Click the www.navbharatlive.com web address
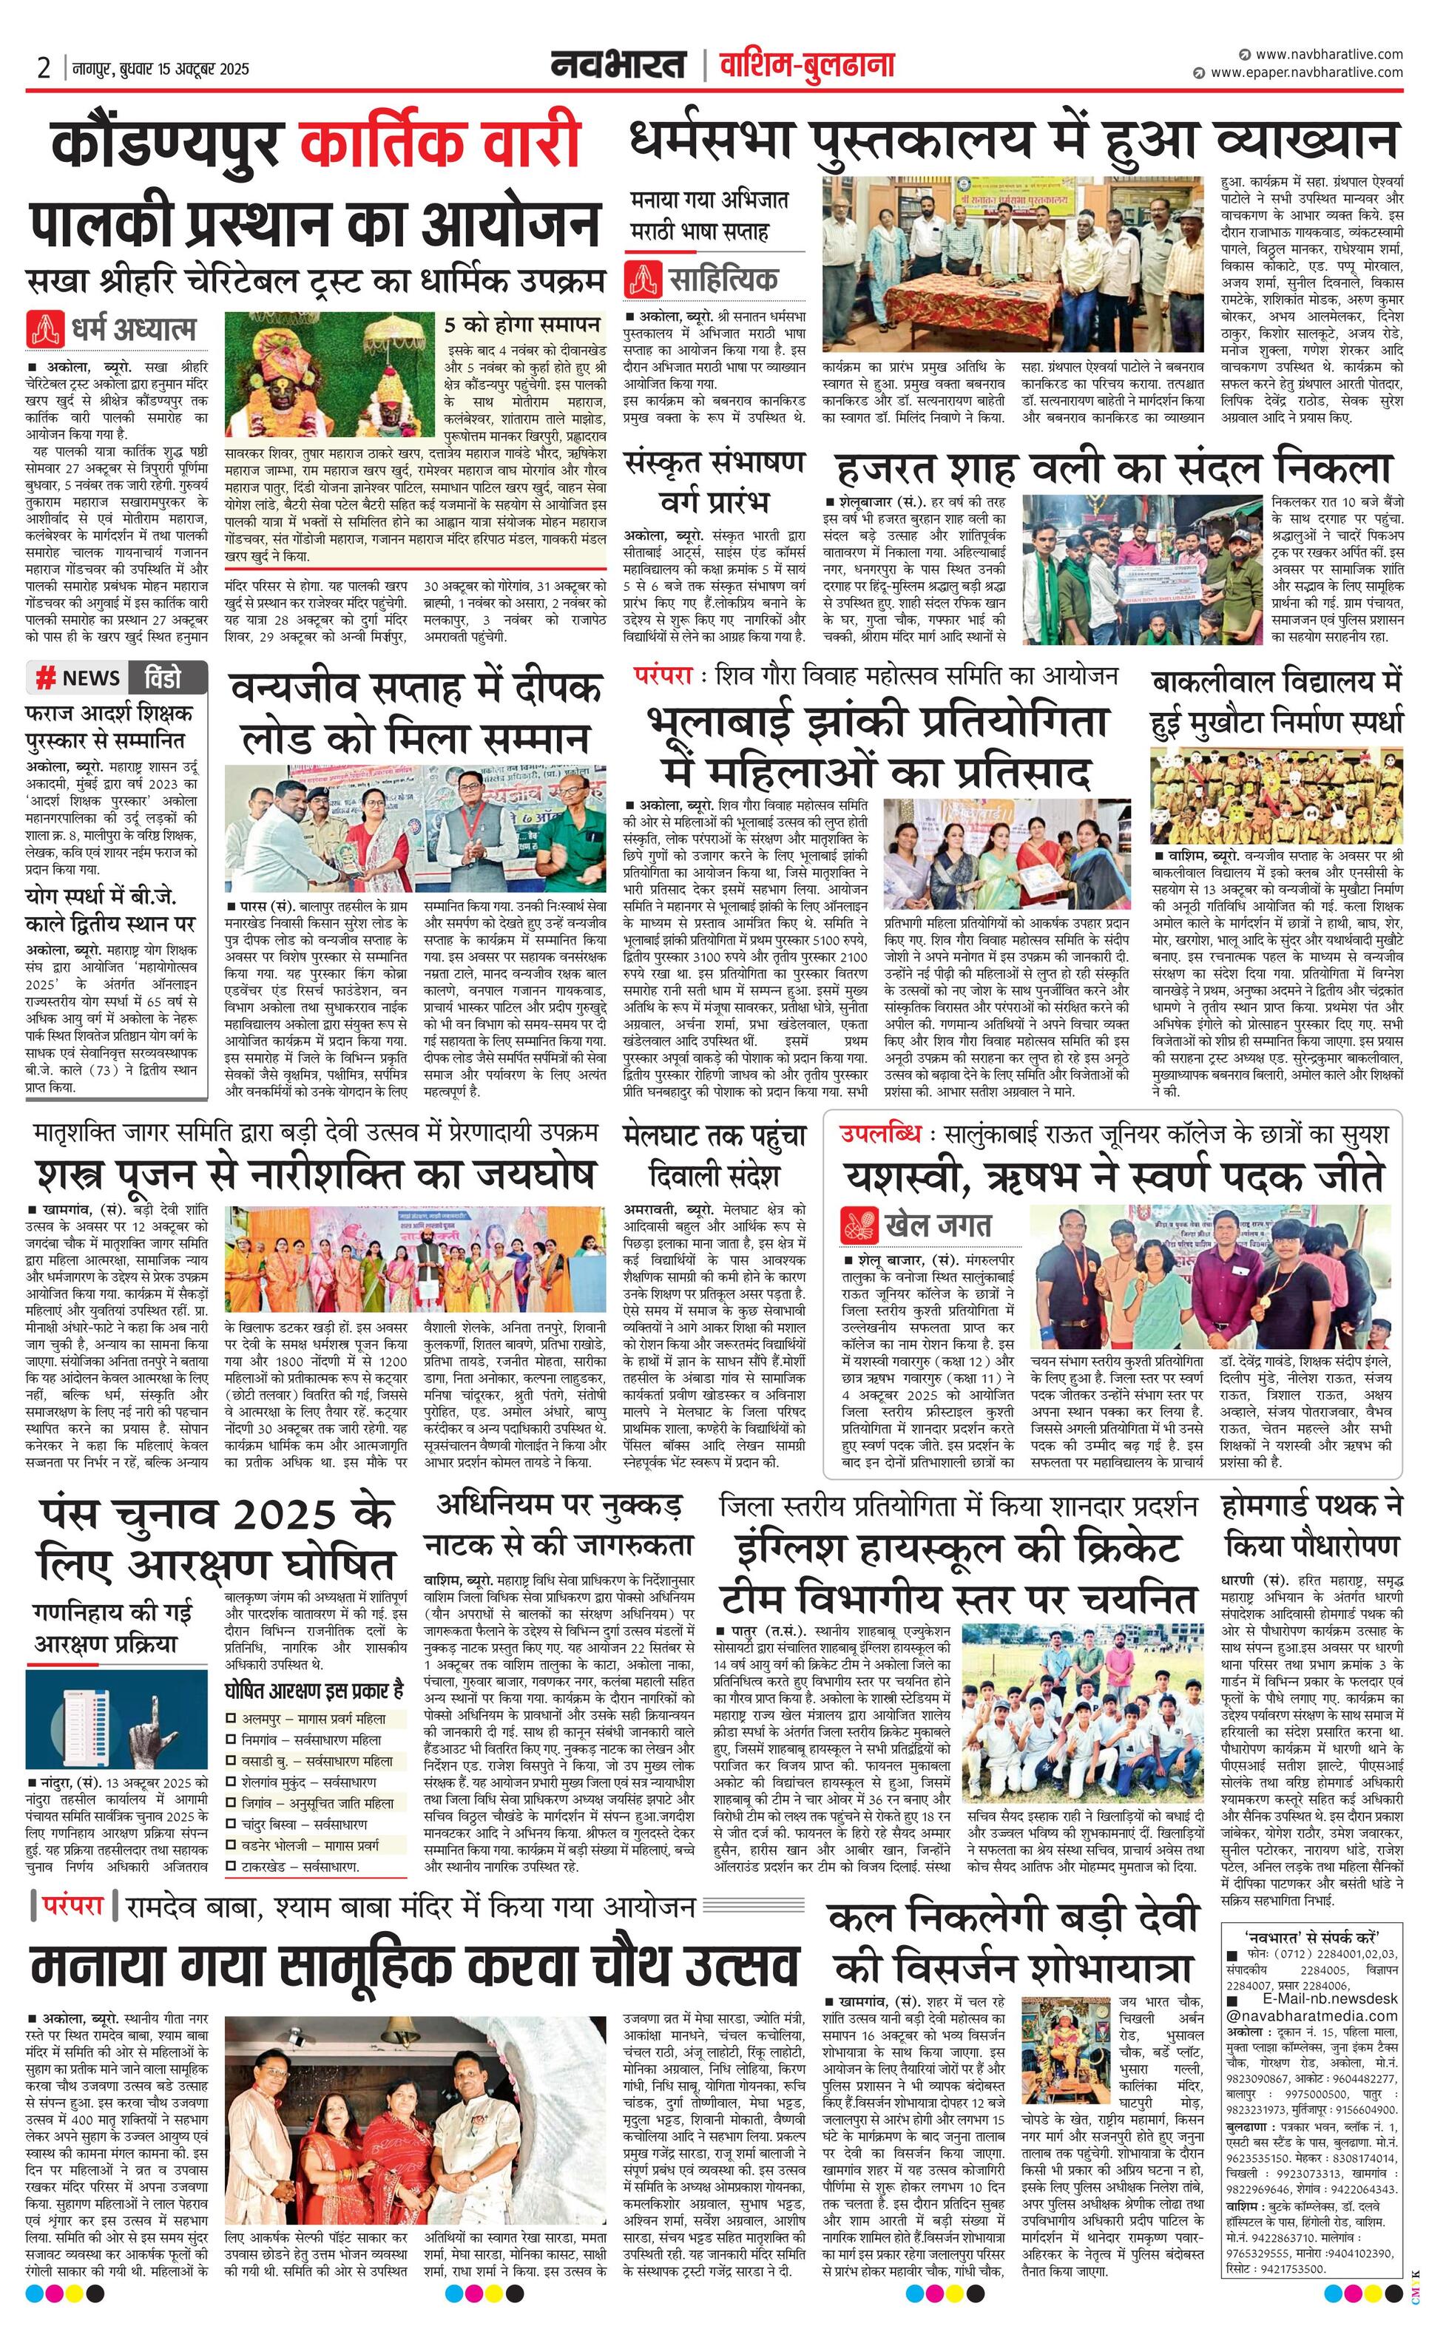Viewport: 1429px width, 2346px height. [1328, 54]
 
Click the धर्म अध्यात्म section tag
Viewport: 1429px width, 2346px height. [112, 328]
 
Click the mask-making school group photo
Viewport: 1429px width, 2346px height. [1276, 795]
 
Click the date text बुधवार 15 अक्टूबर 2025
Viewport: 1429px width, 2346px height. [181, 69]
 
